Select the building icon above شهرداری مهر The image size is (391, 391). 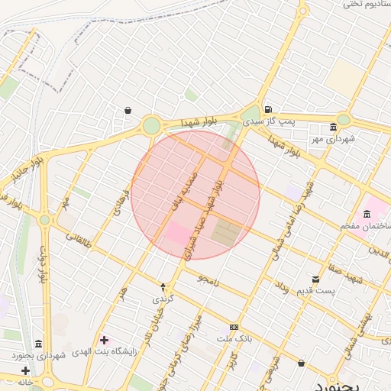click(333, 127)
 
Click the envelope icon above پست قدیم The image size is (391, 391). click(316, 279)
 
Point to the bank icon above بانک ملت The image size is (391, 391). click(234, 326)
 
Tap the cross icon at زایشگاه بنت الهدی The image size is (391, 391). click(104, 340)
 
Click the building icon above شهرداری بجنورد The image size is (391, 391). click(39, 344)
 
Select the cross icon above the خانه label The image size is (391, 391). click(25, 370)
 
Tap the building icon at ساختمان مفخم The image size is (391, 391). click(367, 212)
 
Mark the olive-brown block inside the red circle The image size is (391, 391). click(225, 232)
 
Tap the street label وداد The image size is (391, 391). click(280, 288)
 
